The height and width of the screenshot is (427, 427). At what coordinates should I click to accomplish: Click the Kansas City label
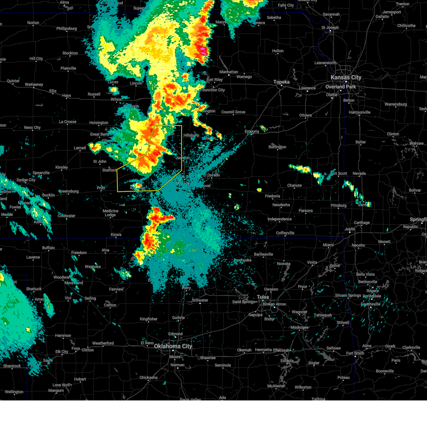click(346, 77)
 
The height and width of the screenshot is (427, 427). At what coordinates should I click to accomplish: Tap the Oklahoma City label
click(173, 346)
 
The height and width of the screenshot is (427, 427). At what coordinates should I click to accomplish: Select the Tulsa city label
click(263, 297)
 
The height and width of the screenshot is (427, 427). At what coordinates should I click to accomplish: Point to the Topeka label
click(281, 82)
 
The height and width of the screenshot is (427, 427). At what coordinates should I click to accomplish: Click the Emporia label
click(252, 131)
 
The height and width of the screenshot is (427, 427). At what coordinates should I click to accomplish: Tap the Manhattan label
click(228, 72)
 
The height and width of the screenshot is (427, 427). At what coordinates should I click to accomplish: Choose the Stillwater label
click(200, 300)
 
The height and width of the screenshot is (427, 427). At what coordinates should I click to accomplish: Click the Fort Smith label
click(355, 353)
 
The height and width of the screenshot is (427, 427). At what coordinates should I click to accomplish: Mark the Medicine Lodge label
click(110, 213)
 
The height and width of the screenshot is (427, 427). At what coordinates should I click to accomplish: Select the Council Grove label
click(233, 112)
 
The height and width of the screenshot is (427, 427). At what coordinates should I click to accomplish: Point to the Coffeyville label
click(285, 233)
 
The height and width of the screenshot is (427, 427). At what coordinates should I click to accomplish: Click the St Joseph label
click(330, 27)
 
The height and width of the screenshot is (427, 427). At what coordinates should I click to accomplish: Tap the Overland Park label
click(341, 87)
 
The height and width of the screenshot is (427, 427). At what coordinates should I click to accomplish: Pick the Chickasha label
click(148, 378)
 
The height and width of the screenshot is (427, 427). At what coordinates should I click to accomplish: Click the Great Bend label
click(99, 135)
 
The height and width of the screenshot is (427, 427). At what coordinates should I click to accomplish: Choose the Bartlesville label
click(263, 254)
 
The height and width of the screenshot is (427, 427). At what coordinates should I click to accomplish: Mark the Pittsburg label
click(338, 206)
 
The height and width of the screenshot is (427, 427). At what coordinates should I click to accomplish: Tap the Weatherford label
click(103, 343)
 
